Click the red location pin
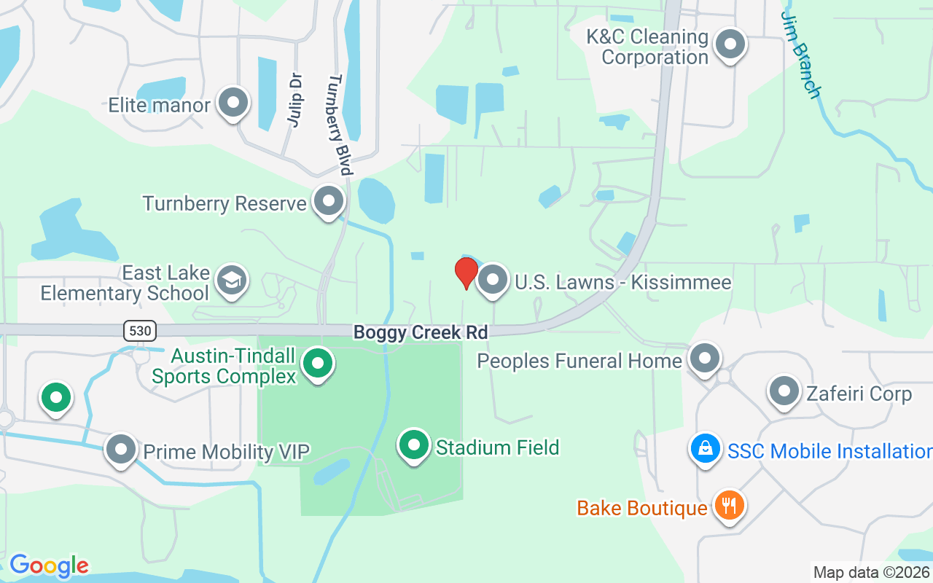point(466,273)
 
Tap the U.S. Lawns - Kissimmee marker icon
point(493,280)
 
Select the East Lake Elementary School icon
point(233,281)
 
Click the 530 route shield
point(138,331)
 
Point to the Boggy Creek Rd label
point(420,332)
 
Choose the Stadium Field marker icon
point(415,445)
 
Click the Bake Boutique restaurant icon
point(728,505)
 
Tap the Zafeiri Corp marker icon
point(784,391)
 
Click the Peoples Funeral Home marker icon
point(704,359)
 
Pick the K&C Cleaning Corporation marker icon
point(730,44)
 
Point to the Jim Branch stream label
point(801,54)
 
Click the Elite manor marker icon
point(233,103)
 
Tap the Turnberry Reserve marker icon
point(329,200)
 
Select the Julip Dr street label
point(294,100)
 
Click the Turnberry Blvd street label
point(340,125)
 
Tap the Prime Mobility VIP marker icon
point(121,450)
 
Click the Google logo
point(49,566)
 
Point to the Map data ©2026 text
point(871,572)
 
